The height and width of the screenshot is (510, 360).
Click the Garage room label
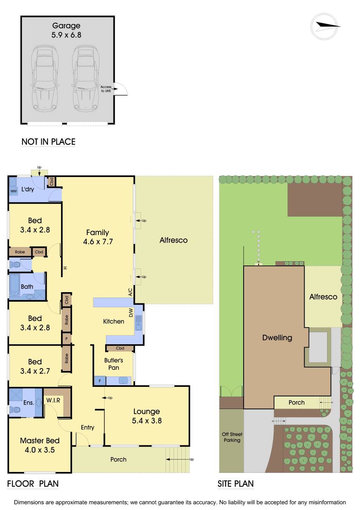(x=67, y=26)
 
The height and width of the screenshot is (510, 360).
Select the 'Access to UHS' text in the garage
(x=106, y=89)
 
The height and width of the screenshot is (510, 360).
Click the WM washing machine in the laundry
(x=13, y=191)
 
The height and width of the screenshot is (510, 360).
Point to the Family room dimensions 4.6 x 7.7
(x=97, y=241)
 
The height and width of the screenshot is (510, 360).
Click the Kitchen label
(x=114, y=321)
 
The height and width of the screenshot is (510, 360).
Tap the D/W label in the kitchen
(x=131, y=312)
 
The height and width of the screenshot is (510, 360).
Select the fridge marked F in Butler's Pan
(x=100, y=381)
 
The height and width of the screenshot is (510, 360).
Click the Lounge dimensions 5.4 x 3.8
(x=146, y=421)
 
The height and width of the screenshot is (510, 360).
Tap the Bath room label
(x=27, y=287)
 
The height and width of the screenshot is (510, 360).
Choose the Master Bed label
(x=40, y=441)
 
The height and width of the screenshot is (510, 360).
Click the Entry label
(x=88, y=427)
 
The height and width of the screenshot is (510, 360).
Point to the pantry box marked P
(x=66, y=339)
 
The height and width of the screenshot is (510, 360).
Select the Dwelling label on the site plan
(x=277, y=338)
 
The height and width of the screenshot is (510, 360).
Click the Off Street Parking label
(x=232, y=437)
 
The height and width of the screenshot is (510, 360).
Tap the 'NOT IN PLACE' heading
(x=48, y=142)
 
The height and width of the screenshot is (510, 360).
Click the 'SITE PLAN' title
(x=235, y=484)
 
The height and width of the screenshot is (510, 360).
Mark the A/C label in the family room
(x=130, y=292)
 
